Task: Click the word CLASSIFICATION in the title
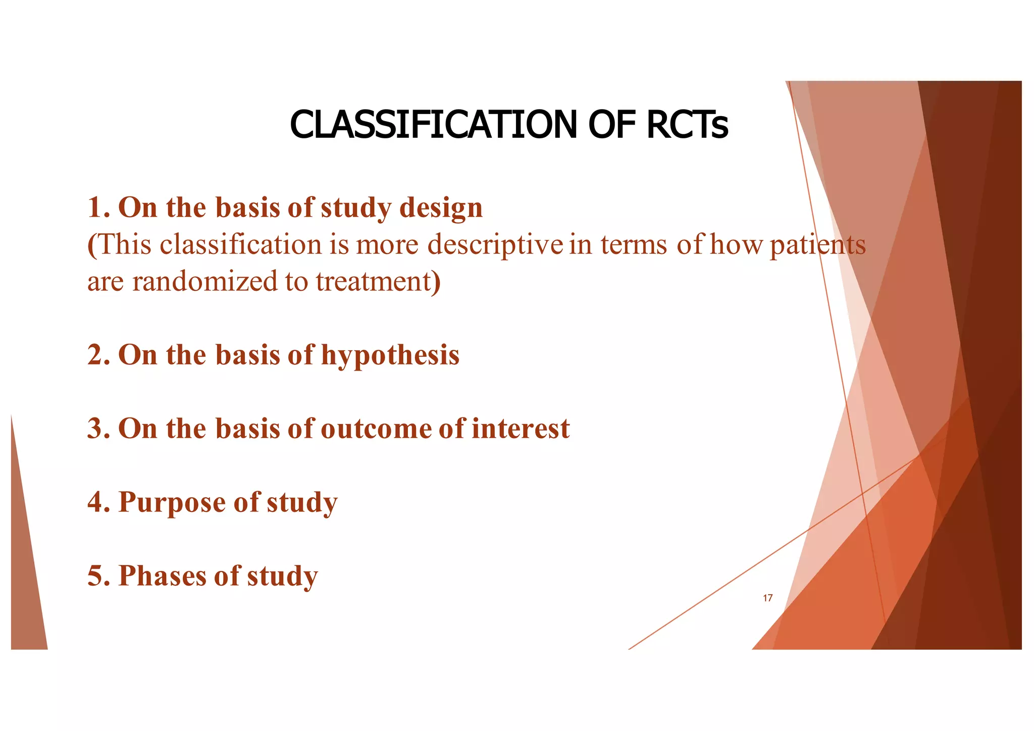coord(433,125)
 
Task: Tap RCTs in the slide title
coord(687,125)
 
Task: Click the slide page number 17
coord(767,598)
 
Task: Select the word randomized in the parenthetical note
coord(205,281)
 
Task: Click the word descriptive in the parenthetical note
coord(495,245)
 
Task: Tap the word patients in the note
coord(817,245)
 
